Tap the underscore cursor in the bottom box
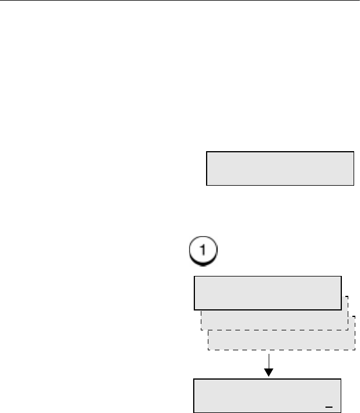(x=328, y=405)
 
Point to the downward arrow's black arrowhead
(x=269, y=373)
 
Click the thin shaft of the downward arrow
(x=269, y=360)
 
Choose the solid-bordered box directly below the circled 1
(x=268, y=292)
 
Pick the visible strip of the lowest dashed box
(x=282, y=341)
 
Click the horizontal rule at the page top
(x=180, y=1)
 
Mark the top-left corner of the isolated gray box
(x=207, y=152)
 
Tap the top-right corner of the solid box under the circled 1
(x=341, y=277)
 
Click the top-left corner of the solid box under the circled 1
(x=194, y=277)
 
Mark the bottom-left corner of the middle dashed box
(x=201, y=330)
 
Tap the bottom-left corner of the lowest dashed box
(x=208, y=351)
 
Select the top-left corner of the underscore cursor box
(x=194, y=380)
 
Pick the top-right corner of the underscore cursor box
(x=341, y=380)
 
